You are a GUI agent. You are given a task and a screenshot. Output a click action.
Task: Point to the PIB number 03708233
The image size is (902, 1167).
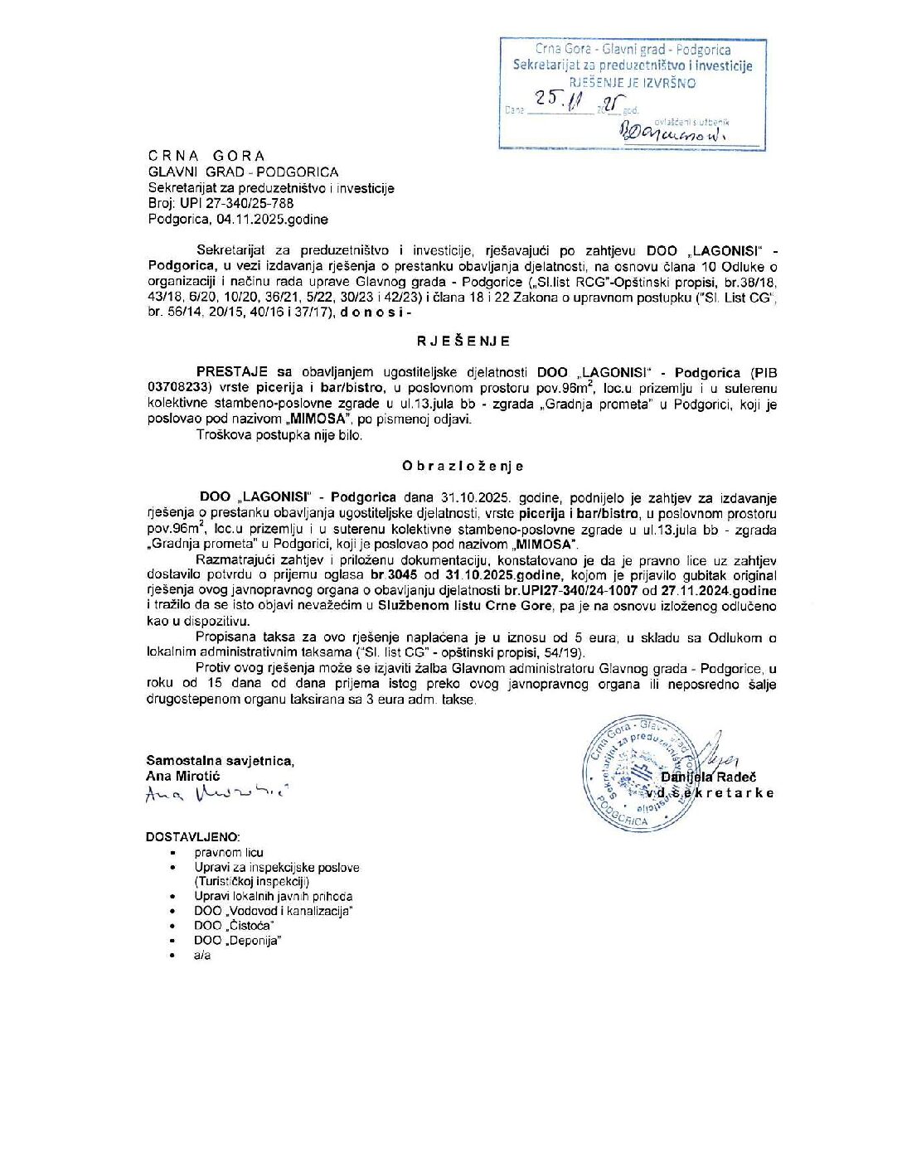coord(180,388)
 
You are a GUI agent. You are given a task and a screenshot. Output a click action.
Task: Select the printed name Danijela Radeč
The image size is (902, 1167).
coord(708,777)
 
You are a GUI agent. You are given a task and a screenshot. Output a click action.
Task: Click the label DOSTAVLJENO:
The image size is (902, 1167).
coord(193,837)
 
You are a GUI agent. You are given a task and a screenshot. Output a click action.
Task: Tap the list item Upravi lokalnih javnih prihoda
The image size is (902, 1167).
coord(274,897)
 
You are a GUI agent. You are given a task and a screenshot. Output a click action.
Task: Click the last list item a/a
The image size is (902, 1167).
coord(202,956)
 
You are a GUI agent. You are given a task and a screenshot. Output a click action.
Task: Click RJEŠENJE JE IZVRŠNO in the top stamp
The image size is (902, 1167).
coord(632,83)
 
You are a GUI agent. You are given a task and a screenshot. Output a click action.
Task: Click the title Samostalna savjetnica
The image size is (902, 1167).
coord(220,761)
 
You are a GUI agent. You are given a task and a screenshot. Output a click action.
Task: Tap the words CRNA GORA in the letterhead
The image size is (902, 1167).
coord(206,156)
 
